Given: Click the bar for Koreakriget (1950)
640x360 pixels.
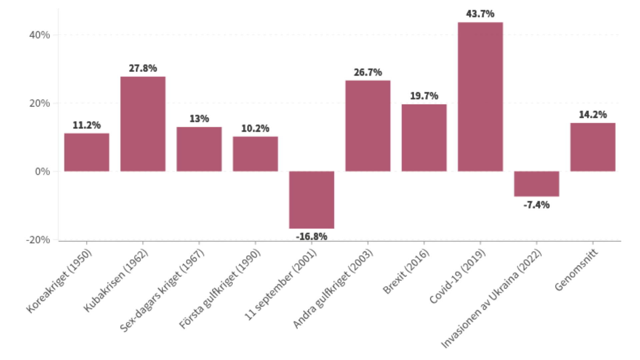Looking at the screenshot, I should pyautogui.click(x=87, y=152).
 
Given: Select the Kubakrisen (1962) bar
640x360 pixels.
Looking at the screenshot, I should pyautogui.click(x=143, y=124).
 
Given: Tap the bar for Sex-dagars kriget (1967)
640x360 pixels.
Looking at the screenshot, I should pyautogui.click(x=199, y=149).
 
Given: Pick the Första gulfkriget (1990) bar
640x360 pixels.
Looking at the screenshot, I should pyautogui.click(x=255, y=154).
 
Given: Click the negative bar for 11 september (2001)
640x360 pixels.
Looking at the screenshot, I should pyautogui.click(x=311, y=200).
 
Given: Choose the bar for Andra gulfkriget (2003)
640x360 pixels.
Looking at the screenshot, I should pyautogui.click(x=368, y=126).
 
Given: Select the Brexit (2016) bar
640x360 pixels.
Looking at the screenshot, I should pyautogui.click(x=424, y=138).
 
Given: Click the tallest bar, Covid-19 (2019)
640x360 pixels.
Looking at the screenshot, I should pyautogui.click(x=480, y=97).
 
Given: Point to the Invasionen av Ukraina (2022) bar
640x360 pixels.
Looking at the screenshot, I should pyautogui.click(x=536, y=184).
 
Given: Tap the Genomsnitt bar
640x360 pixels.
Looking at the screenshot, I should pyautogui.click(x=593, y=147).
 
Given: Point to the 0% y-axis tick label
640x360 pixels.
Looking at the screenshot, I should pyautogui.click(x=42, y=172).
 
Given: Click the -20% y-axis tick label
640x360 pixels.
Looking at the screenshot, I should pyautogui.click(x=38, y=240).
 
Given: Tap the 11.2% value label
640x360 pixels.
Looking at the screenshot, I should pyautogui.click(x=87, y=125).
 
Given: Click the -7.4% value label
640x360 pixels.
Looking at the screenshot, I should pyautogui.click(x=536, y=205).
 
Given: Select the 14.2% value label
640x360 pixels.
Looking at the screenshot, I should pyautogui.click(x=593, y=115).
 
